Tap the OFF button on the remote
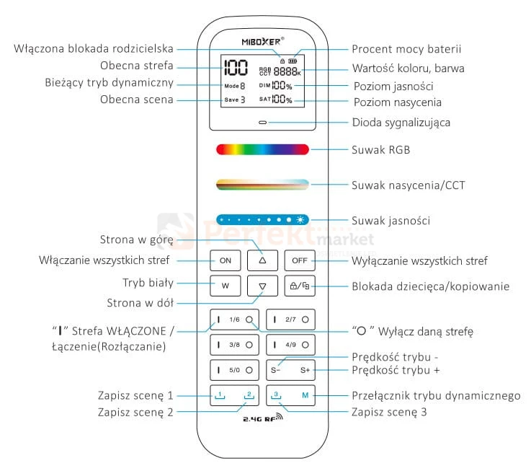click(x=299, y=260)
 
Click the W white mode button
click(x=225, y=286)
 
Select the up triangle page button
click(x=262, y=260)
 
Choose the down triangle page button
click(x=262, y=286)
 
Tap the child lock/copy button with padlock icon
click(x=299, y=286)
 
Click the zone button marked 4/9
click(x=290, y=344)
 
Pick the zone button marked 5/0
click(x=234, y=370)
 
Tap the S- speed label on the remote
click(x=276, y=370)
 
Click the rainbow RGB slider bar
click(x=262, y=149)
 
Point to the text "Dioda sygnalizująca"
click(x=401, y=123)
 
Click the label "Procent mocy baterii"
click(x=406, y=49)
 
